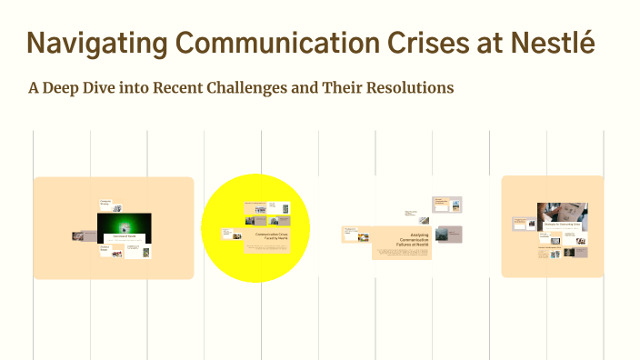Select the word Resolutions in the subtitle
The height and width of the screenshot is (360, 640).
[x=406, y=89]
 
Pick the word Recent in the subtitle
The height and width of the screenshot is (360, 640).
[x=180, y=89]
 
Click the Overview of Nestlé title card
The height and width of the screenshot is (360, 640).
[x=124, y=236]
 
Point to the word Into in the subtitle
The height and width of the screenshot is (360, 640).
[x=138, y=89]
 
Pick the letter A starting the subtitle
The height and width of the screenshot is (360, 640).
[x=35, y=89]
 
